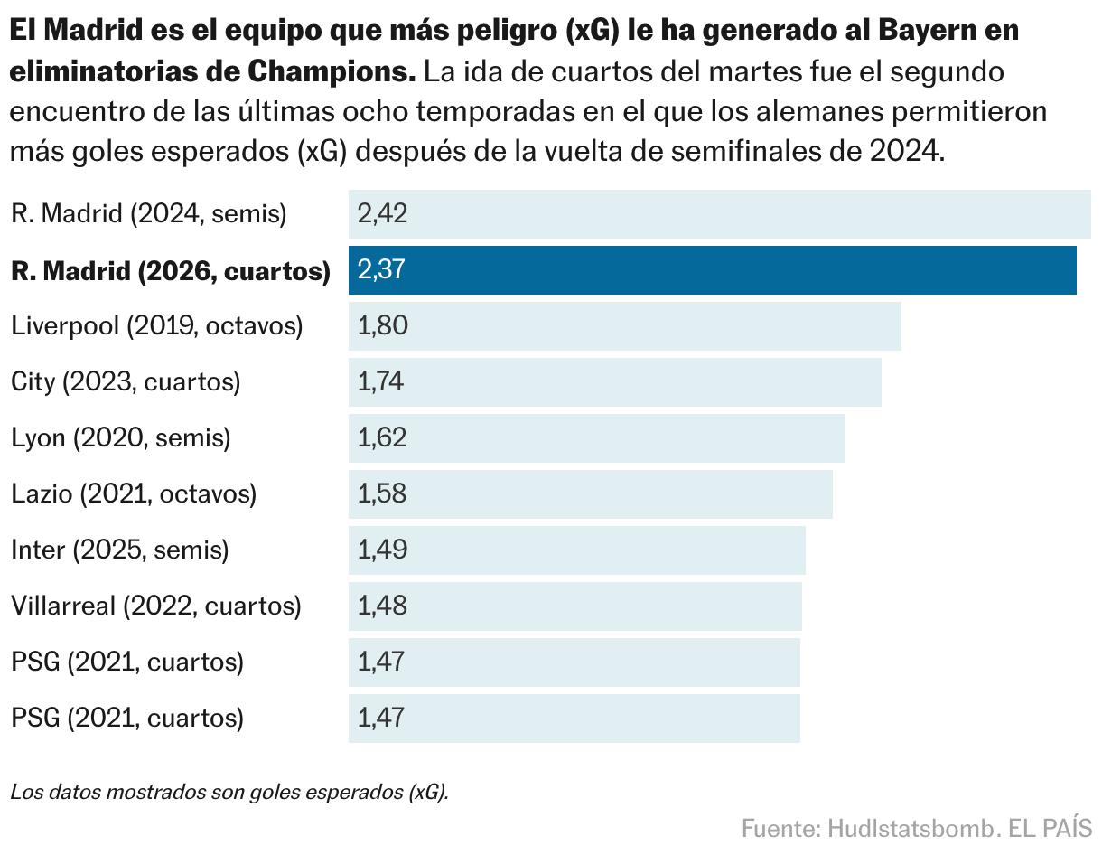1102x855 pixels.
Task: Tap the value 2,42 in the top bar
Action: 383,214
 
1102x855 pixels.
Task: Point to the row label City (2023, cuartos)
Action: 126,381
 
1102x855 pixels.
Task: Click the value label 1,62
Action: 382,438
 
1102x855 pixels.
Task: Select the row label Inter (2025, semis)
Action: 119,550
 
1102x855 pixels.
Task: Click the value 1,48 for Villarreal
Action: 382,606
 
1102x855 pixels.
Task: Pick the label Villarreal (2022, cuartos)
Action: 155,606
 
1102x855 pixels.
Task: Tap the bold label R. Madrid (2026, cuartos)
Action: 170,270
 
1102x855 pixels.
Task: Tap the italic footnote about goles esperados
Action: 229,793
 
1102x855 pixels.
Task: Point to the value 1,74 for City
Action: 380,382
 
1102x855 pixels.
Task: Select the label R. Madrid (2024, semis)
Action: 148,214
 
